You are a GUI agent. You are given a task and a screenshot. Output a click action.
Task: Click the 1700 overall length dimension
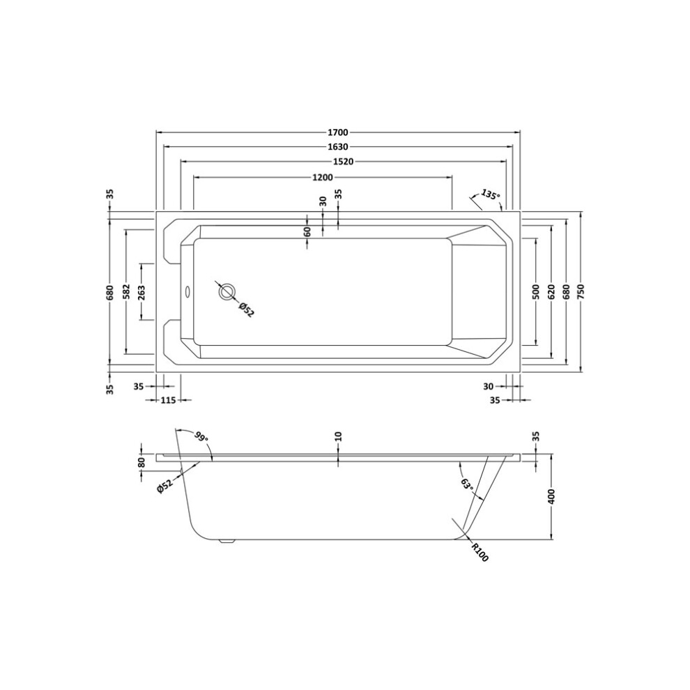(338, 132)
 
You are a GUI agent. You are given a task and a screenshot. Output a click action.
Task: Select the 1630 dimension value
(338, 146)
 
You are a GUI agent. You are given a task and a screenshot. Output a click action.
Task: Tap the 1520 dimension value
(343, 162)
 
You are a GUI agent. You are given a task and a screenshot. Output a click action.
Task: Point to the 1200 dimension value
(323, 177)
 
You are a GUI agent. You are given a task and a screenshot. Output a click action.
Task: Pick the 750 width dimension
(581, 292)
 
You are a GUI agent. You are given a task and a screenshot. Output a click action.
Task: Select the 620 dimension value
(551, 292)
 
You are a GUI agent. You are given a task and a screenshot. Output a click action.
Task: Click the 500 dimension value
(535, 292)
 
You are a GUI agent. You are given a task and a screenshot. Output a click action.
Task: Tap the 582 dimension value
(125, 292)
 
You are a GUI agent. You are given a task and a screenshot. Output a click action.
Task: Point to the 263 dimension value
(141, 292)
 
